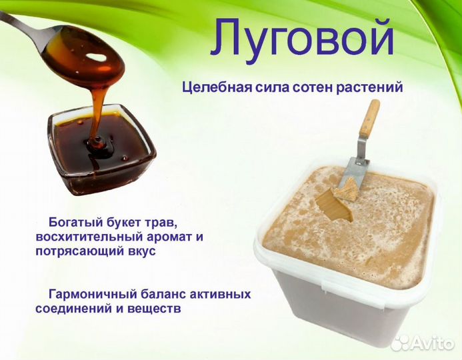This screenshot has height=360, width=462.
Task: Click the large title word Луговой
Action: pyautogui.click(x=302, y=38)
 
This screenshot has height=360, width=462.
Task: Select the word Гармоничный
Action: pyautogui.click(x=90, y=294)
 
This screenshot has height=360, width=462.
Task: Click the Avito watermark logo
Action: pyautogui.click(x=423, y=342)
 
